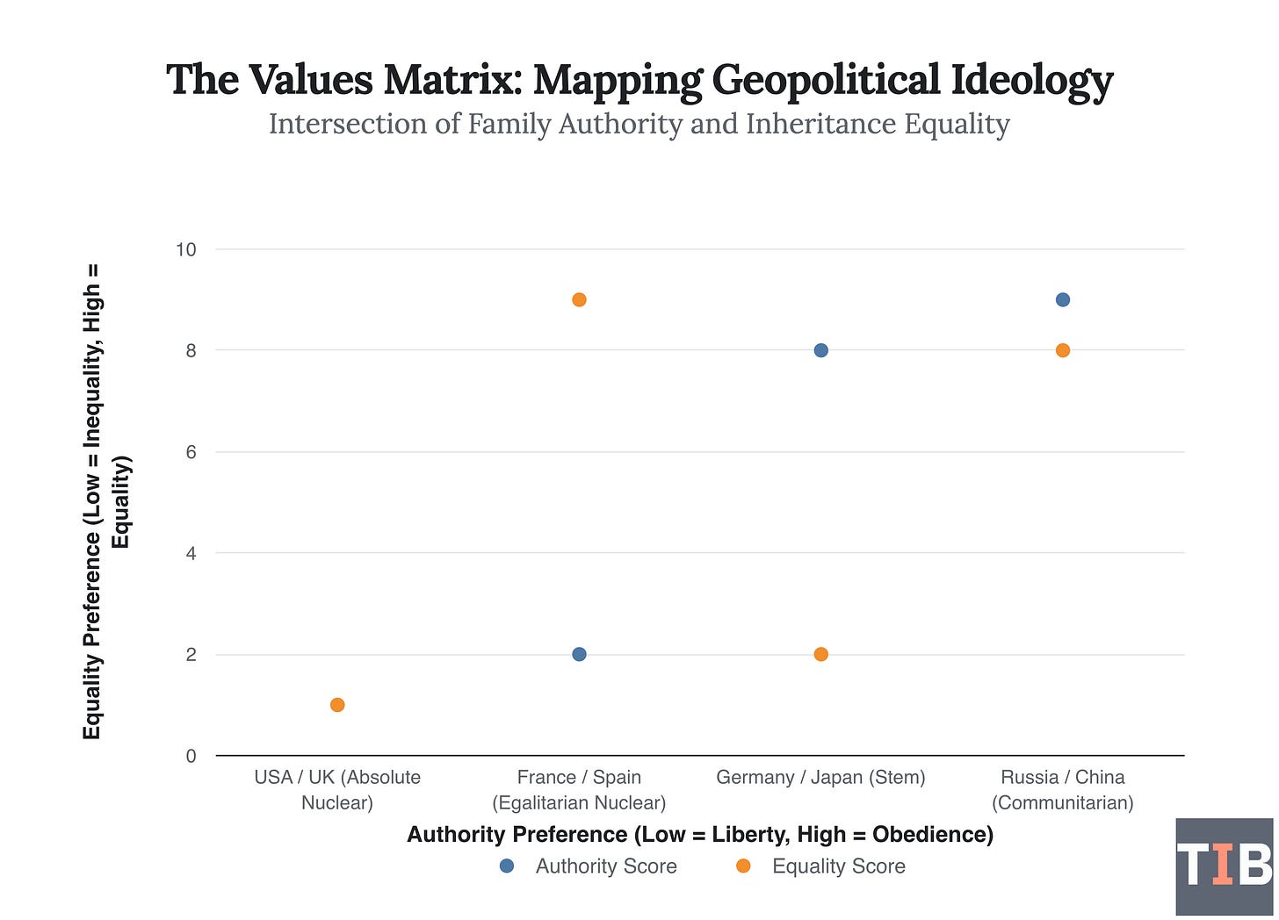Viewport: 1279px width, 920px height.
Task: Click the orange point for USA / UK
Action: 337,705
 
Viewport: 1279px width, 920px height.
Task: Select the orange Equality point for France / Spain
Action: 579,299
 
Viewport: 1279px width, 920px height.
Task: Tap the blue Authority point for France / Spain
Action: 579,654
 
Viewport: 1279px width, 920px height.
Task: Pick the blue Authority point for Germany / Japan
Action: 820,350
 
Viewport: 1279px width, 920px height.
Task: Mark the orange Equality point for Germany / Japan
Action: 820,654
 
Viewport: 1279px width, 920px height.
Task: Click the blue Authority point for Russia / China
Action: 1062,299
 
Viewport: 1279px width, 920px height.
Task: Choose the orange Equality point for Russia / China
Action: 1062,350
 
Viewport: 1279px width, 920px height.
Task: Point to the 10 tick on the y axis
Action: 186,249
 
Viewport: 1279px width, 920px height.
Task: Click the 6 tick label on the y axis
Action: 191,452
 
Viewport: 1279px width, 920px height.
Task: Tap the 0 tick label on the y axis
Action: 191,756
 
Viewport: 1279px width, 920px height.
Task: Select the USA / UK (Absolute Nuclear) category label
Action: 337,789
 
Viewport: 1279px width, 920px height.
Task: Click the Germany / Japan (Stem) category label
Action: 820,777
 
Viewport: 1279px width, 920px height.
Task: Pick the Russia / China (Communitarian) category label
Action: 1062,789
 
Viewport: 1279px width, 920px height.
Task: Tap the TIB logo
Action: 1224,866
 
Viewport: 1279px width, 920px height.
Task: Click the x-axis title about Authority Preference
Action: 699,834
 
